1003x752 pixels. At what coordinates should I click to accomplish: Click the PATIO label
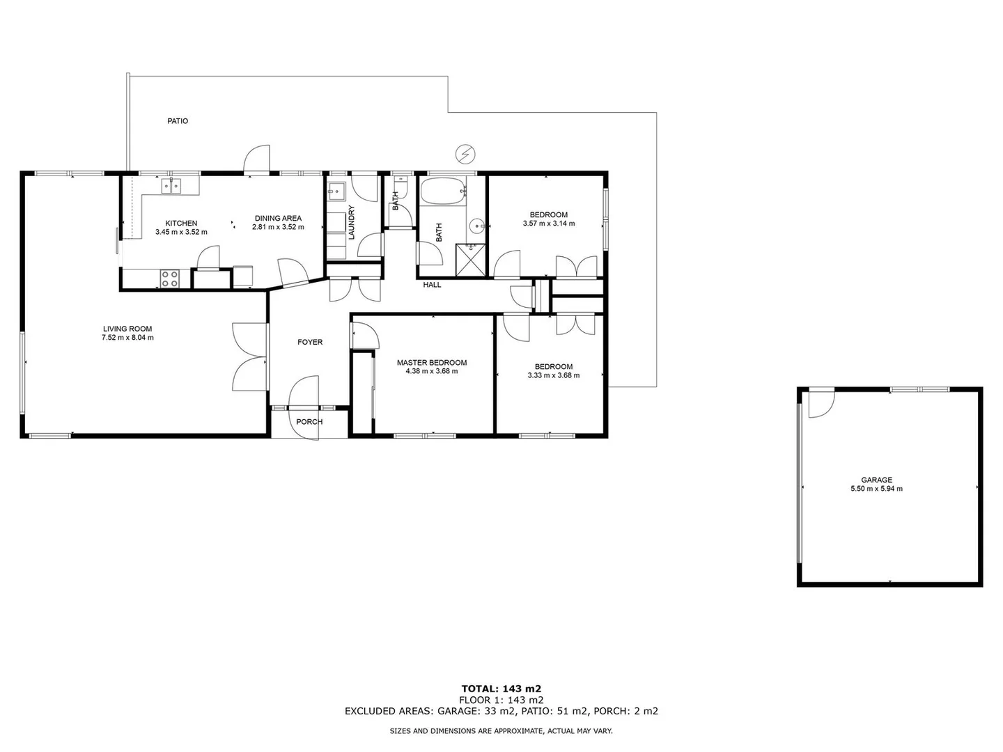178,121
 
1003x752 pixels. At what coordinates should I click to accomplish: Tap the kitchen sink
172,185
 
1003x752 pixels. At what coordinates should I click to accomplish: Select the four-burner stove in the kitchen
170,279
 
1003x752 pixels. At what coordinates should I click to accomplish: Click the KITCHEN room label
181,224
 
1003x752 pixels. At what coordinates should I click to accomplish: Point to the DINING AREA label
278,218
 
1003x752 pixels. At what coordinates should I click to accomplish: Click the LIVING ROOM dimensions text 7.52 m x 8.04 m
127,338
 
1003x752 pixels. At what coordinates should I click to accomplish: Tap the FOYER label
310,342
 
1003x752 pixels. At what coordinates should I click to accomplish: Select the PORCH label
309,422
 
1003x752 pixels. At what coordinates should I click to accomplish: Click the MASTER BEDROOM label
432,363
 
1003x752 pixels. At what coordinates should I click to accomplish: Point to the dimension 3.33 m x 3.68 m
554,375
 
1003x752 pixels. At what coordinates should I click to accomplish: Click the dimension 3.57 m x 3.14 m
549,224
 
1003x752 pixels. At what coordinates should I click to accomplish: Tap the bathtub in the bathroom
442,191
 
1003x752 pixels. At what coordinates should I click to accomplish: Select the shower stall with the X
470,260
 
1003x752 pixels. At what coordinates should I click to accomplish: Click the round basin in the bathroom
476,226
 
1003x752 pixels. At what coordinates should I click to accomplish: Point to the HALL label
432,285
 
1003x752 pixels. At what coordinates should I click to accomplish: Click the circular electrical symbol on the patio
464,153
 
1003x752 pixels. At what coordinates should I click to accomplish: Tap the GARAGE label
876,480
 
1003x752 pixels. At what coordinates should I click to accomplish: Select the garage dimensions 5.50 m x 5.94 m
876,489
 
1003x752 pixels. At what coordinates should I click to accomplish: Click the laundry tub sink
336,190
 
